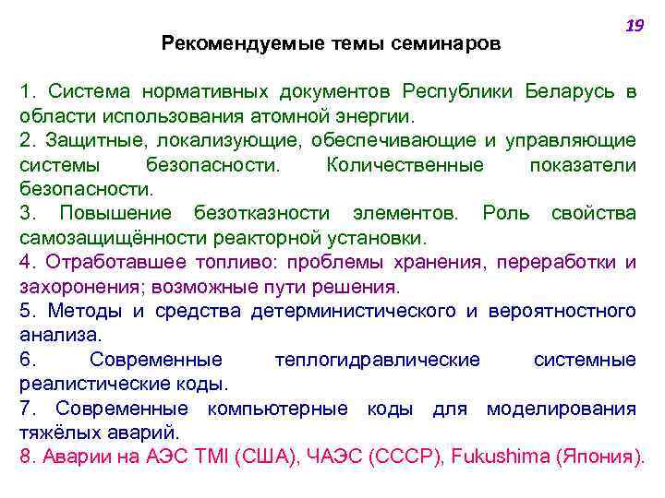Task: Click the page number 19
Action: coord(635,27)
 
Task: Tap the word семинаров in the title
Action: coord(450,42)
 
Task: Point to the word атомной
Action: coord(283,117)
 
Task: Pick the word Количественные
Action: coord(405,165)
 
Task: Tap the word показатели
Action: coord(583,165)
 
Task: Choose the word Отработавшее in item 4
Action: coord(101,262)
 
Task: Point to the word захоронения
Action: coord(69,286)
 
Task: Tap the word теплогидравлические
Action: coord(377,359)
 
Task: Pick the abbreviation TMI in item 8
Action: coord(218,456)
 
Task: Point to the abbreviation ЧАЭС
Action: coord(331,456)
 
